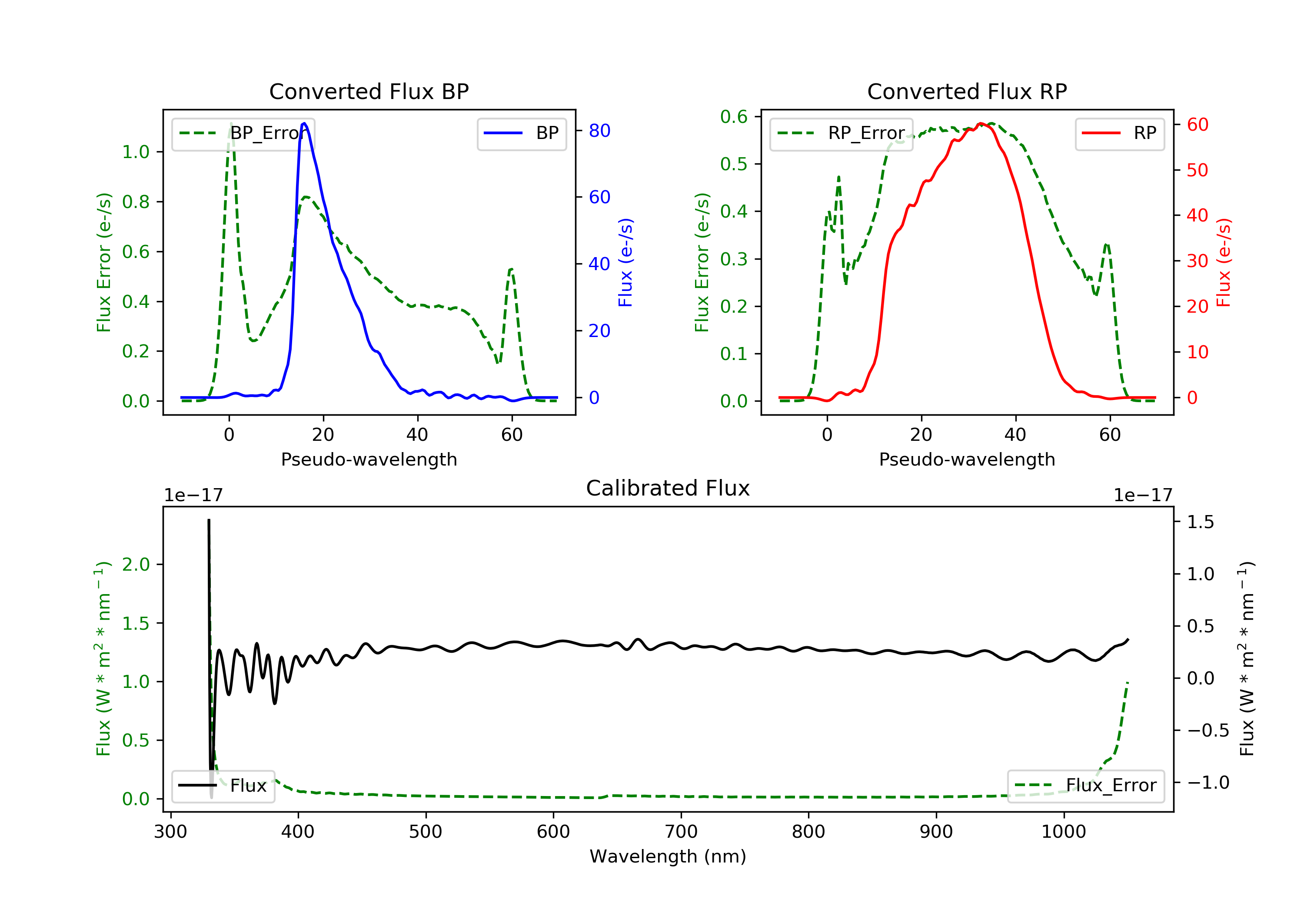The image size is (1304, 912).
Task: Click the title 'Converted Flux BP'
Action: pyautogui.click(x=369, y=91)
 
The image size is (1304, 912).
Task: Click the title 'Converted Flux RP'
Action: pyautogui.click(x=967, y=91)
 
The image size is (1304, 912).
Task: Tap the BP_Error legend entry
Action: pyautogui.click(x=243, y=133)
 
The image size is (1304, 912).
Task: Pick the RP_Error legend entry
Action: pyautogui.click(x=841, y=133)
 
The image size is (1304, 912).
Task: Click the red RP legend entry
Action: pyautogui.click(x=1119, y=133)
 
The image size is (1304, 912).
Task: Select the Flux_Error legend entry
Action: pyautogui.click(x=1085, y=786)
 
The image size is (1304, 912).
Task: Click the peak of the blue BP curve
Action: pyautogui.click(x=304, y=123)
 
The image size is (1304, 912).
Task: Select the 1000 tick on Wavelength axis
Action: pyautogui.click(x=1063, y=832)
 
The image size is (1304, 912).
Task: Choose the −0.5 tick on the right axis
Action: pyautogui.click(x=1208, y=730)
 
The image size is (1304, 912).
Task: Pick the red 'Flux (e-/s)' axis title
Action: pyautogui.click(x=1223, y=262)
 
